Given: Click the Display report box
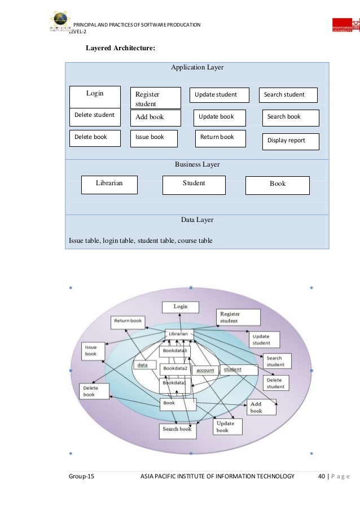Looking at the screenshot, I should tap(291, 141).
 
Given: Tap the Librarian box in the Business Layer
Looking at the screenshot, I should tap(109, 184).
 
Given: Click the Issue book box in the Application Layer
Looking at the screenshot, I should tap(153, 138).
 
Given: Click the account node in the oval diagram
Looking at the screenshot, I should tap(205, 370).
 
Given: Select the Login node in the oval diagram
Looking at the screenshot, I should tap(180, 307).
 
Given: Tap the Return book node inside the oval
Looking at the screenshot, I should tap(128, 321).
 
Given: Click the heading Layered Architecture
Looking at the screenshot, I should tap(120, 49).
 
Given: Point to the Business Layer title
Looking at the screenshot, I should tap(197, 164).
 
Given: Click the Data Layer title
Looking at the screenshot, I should tap(197, 220).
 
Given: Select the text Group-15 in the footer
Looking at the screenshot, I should tap(81, 477).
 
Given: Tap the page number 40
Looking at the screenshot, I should tap(322, 477).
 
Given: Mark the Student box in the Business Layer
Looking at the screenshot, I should tap(194, 184).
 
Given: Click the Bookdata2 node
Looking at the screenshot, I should tap(175, 368).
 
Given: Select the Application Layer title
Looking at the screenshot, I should tap(197, 68).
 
